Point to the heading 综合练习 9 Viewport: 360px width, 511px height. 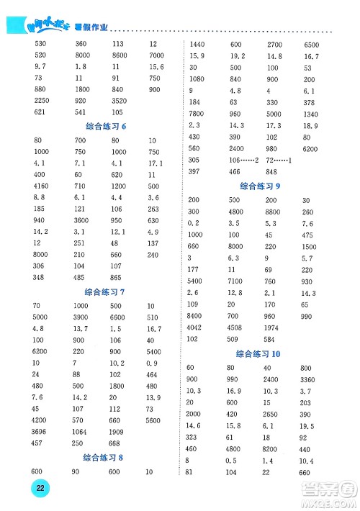260,186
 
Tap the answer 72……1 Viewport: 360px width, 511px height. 279,159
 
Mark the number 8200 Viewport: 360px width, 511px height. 274,448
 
